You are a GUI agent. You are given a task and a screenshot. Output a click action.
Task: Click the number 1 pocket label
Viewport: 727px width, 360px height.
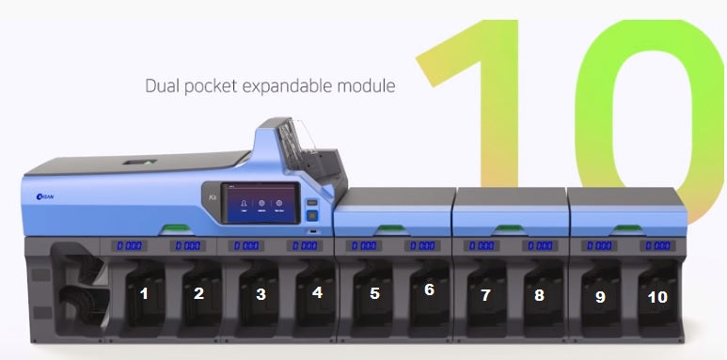pyautogui.click(x=144, y=293)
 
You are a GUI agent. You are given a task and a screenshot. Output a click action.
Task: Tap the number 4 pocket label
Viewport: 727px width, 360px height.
pyautogui.click(x=317, y=292)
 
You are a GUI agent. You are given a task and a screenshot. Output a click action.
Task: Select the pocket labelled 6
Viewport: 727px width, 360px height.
pyautogui.click(x=429, y=290)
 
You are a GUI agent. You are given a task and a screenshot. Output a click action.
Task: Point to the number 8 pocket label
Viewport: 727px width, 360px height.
pyautogui.click(x=539, y=295)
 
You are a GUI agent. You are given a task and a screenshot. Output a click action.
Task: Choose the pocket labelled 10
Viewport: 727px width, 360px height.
pyautogui.click(x=657, y=297)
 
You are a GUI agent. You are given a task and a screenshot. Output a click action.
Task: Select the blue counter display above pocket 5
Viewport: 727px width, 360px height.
pyautogui.click(x=364, y=246)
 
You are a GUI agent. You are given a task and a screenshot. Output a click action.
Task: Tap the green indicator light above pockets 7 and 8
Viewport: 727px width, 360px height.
pyautogui.click(x=510, y=227)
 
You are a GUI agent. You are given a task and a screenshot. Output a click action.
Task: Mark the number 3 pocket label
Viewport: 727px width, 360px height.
pyautogui.click(x=261, y=294)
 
